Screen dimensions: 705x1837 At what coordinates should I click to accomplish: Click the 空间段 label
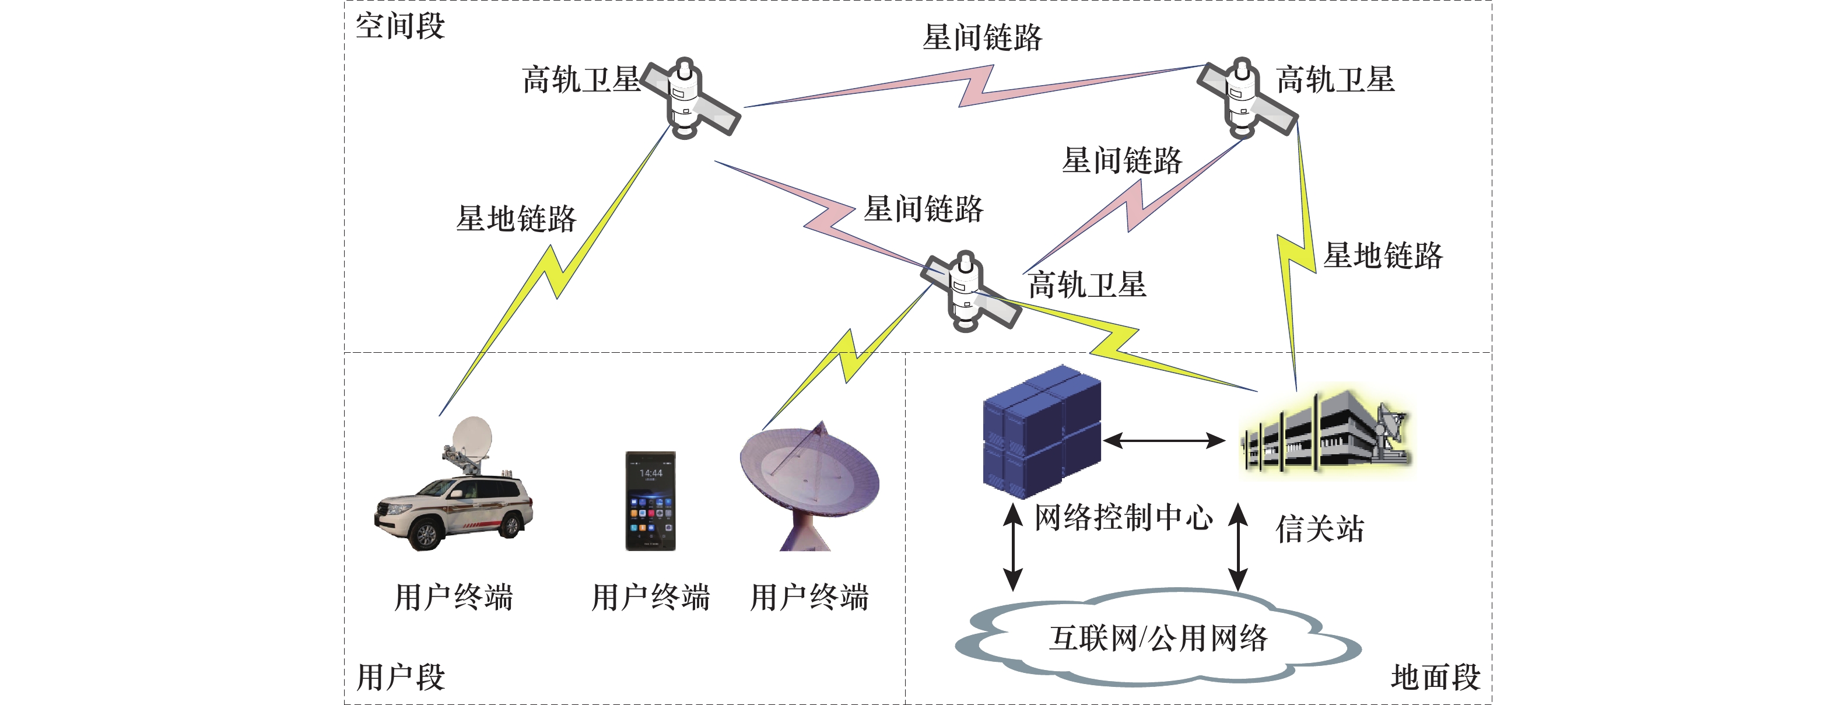tap(400, 26)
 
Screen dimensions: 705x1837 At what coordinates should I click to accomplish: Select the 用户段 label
tap(401, 676)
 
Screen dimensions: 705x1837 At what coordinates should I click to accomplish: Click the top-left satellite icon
tap(688, 99)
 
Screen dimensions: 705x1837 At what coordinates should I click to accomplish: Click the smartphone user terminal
tap(650, 500)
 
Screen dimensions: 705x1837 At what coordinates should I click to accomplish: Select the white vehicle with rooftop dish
tap(454, 492)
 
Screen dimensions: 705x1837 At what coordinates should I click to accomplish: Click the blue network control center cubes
tap(1041, 432)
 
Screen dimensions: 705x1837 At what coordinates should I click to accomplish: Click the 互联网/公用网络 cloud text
tap(1158, 638)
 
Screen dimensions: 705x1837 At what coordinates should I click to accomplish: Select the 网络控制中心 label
tap(1123, 517)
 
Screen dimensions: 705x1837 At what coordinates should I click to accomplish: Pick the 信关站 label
tap(1319, 529)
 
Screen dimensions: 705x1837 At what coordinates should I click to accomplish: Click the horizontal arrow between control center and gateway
tap(1164, 440)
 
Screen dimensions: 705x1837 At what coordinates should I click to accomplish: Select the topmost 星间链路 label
tap(982, 37)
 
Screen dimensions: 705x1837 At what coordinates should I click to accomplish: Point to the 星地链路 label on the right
tap(1383, 255)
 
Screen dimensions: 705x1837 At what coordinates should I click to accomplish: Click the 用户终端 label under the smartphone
tap(650, 597)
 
